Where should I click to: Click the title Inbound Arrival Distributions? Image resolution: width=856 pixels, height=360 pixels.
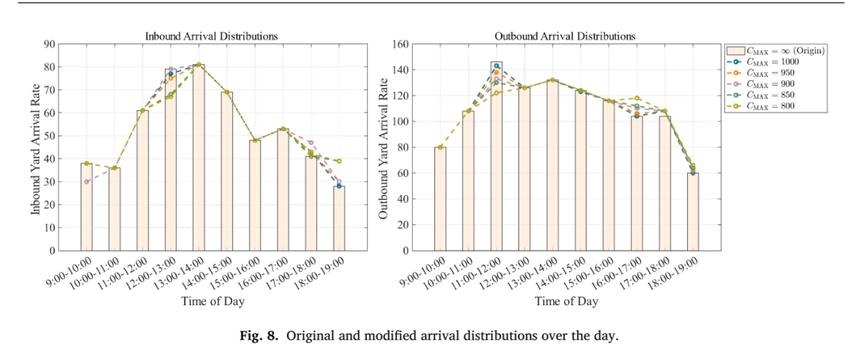pyautogui.click(x=212, y=36)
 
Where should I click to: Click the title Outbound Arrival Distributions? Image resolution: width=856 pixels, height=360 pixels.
pyautogui.click(x=564, y=36)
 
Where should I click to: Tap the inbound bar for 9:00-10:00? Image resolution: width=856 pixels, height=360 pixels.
pyautogui.click(x=86, y=207)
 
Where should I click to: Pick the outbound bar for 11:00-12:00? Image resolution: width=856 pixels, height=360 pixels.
pyautogui.click(x=496, y=156)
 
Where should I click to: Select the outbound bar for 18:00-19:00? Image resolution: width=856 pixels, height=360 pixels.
pyautogui.click(x=693, y=212)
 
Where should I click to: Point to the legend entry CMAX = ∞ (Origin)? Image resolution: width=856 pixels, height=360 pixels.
pyautogui.click(x=775, y=51)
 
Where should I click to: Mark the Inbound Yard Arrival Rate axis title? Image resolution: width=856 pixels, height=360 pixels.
pyautogui.click(x=36, y=147)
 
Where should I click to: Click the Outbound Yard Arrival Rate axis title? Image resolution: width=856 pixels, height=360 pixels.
pyautogui.click(x=384, y=147)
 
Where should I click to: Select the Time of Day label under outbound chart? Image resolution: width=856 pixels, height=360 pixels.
pyautogui.click(x=566, y=301)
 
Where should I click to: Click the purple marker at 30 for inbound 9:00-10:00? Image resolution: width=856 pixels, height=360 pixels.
pyautogui.click(x=86, y=182)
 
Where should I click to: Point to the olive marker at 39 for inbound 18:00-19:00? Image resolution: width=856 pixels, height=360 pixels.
pyautogui.click(x=339, y=161)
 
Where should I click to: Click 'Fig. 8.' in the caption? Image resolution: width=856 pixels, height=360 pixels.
pyautogui.click(x=255, y=335)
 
